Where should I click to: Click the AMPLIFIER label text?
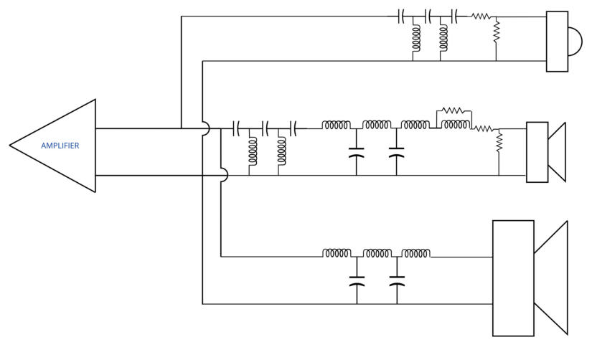[60, 146]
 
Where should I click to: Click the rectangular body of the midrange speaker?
[537, 152]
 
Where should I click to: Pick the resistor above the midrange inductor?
[452, 110]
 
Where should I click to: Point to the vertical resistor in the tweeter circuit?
[496, 32]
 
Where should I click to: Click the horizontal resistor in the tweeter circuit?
[481, 16]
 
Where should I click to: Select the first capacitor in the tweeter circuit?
[401, 16]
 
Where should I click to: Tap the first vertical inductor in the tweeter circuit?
[416, 38]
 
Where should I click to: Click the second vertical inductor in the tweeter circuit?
[443, 38]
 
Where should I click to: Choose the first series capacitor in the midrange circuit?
[237, 128]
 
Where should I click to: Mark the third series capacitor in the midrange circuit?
[293, 128]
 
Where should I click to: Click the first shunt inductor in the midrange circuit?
[253, 151]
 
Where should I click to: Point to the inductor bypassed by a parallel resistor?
[456, 125]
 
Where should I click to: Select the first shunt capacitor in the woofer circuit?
[357, 282]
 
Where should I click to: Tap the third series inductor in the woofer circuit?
[415, 253]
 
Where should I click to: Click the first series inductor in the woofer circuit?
[337, 253]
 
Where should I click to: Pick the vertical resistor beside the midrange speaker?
[499, 141]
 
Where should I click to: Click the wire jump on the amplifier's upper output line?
[206, 128]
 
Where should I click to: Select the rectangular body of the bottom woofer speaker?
[514, 278]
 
